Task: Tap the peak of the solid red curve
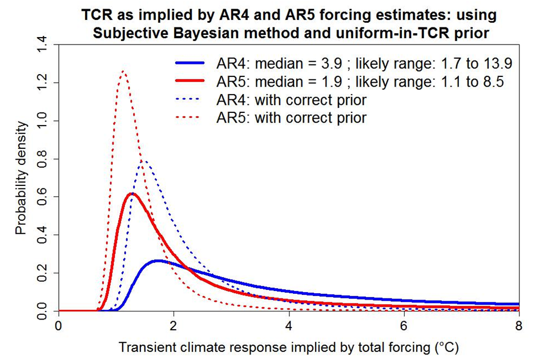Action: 132,194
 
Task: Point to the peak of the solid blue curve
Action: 158,261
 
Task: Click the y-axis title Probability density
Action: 21,178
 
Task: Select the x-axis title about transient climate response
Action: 289,346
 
